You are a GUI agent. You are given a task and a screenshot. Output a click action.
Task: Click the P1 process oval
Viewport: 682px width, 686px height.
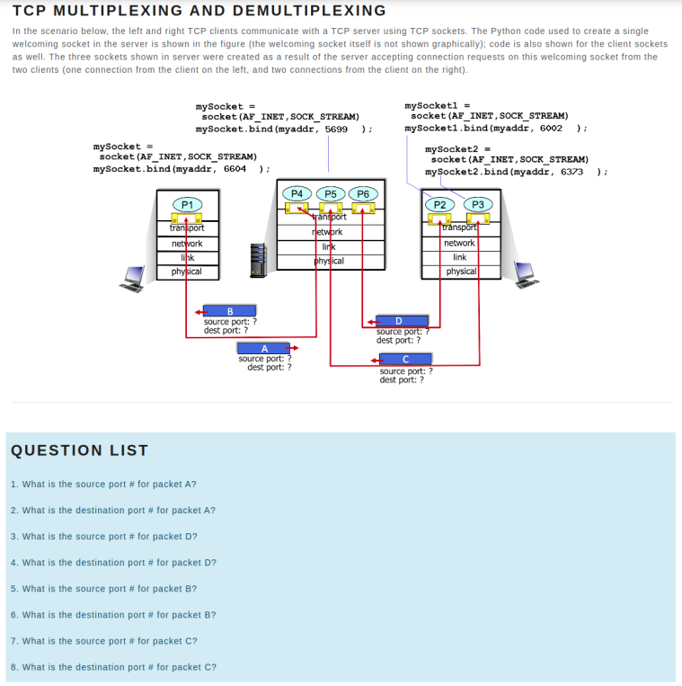[x=187, y=205]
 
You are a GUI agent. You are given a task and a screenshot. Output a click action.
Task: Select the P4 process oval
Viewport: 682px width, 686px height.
[x=297, y=193]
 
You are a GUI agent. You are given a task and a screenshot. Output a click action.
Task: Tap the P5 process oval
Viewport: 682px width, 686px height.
[x=331, y=193]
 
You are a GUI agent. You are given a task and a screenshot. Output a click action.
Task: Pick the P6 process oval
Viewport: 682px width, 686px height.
[x=363, y=193]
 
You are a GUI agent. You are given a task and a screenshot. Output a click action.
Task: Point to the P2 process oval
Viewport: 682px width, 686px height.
[x=440, y=204]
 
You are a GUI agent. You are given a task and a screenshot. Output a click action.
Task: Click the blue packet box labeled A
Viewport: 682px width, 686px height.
[x=264, y=349]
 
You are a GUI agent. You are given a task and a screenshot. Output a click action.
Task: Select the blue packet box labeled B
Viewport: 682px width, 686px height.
[x=230, y=311]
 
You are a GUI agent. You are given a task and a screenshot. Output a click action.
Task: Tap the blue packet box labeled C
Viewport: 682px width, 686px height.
[x=406, y=361]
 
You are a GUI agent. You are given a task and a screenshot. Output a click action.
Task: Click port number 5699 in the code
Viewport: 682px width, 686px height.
[x=336, y=129]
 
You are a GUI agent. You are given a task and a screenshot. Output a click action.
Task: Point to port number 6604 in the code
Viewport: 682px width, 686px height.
[x=235, y=168]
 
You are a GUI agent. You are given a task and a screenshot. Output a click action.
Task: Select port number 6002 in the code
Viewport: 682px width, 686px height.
[x=551, y=128]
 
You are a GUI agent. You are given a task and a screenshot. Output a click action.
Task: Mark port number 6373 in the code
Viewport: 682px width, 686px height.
[x=571, y=171]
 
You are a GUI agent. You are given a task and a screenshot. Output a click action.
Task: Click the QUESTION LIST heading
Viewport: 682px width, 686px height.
[x=79, y=450]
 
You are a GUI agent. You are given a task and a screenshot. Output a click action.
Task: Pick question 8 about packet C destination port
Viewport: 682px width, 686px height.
[x=113, y=667]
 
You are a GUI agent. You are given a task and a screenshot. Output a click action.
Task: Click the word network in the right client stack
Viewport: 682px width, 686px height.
[x=459, y=243]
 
